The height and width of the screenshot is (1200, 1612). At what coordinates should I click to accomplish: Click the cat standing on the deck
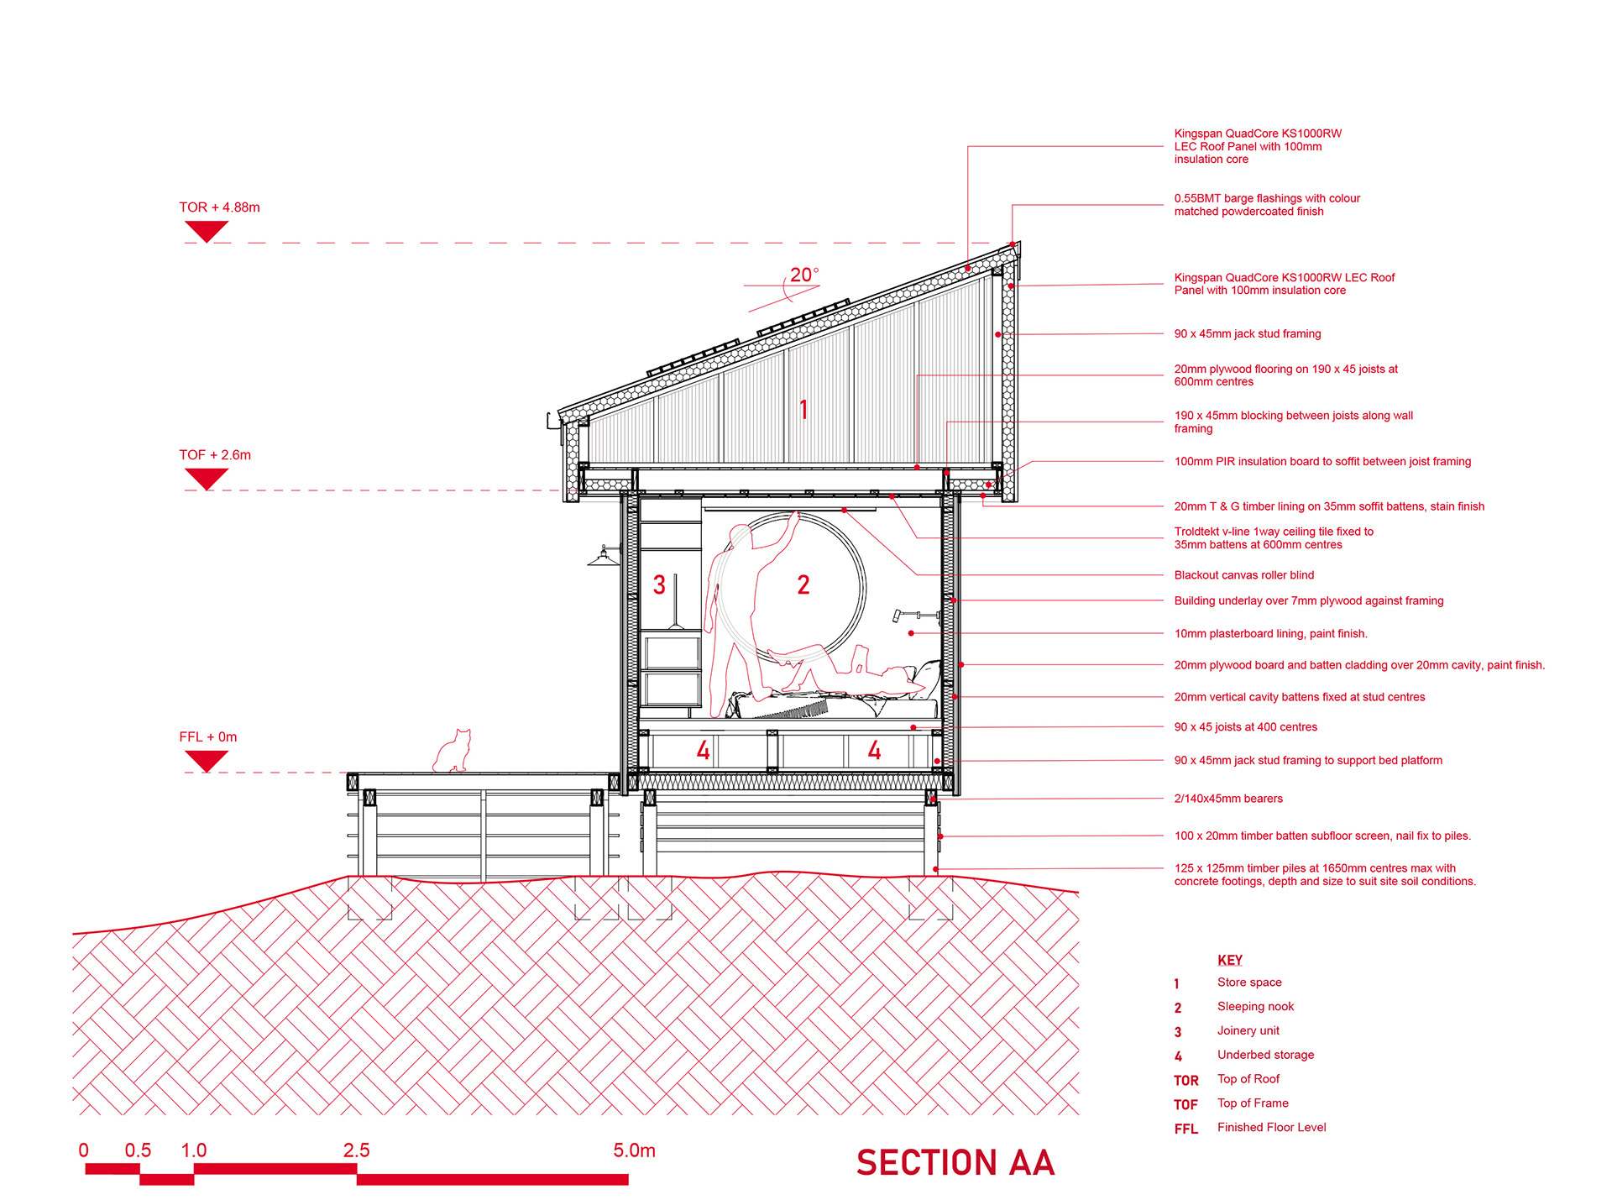pyautogui.click(x=453, y=751)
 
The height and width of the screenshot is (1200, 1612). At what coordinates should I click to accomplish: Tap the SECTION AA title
pyautogui.click(x=955, y=1163)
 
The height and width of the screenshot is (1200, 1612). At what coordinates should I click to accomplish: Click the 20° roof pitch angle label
pyautogui.click(x=803, y=275)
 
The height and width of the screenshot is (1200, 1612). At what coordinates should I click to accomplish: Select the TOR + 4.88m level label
pyautogui.click(x=219, y=207)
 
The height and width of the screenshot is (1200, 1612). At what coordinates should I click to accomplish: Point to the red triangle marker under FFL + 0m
pyautogui.click(x=206, y=760)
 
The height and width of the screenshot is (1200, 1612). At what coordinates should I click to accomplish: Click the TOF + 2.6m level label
pyautogui.click(x=215, y=455)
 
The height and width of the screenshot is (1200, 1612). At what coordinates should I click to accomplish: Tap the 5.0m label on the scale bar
pyautogui.click(x=634, y=1150)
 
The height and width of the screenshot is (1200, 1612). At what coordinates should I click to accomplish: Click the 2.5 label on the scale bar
pyautogui.click(x=356, y=1150)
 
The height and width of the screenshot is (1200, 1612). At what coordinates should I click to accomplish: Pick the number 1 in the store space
pyautogui.click(x=803, y=410)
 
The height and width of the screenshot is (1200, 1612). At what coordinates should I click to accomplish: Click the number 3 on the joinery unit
pyautogui.click(x=659, y=585)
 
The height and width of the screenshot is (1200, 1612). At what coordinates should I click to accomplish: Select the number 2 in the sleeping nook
pyautogui.click(x=803, y=585)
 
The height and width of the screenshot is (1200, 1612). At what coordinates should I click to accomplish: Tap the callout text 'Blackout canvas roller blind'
pyautogui.click(x=1243, y=575)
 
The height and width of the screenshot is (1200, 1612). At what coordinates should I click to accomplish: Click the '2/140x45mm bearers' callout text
pyautogui.click(x=1227, y=799)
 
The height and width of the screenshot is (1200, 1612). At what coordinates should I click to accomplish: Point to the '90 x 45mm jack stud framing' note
pyautogui.click(x=1247, y=334)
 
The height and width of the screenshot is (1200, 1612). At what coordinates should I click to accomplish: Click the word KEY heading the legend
pyautogui.click(x=1229, y=960)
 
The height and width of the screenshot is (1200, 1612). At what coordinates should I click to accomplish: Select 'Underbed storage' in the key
pyautogui.click(x=1265, y=1055)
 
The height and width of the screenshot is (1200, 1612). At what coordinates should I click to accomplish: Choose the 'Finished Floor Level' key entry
pyautogui.click(x=1271, y=1127)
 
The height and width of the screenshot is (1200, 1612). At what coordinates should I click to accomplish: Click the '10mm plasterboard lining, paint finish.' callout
pyautogui.click(x=1270, y=634)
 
